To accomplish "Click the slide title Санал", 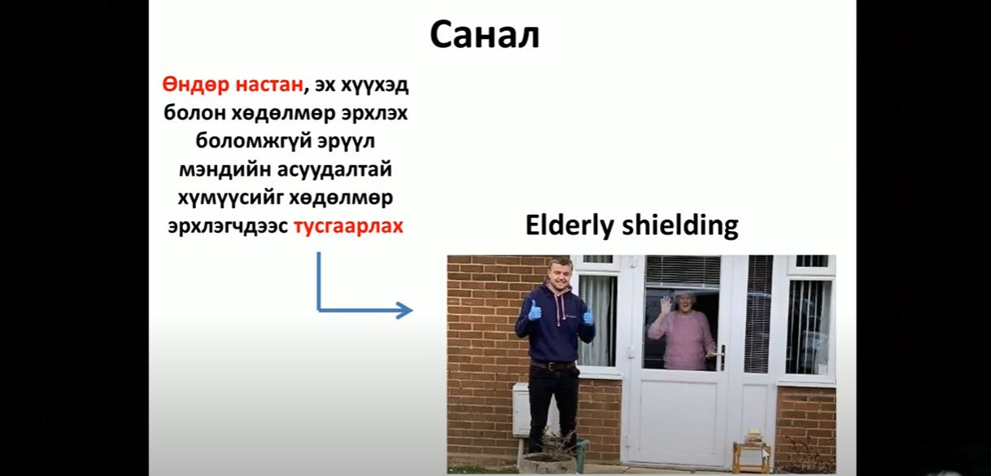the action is (484, 35).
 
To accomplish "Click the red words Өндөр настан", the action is (233, 84).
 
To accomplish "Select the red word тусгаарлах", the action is (348, 226).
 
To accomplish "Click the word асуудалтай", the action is (334, 169).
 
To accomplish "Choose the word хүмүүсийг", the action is (230, 198).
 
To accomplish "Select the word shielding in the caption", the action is (680, 225).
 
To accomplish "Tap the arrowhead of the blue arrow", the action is (404, 310).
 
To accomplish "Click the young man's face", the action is (560, 274).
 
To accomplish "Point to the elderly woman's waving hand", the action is (666, 304).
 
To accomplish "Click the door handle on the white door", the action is (720, 356).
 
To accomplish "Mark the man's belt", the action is (553, 365).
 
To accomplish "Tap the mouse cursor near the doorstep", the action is (766, 454).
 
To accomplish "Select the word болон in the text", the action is (194, 113).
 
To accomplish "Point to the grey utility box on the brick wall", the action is (521, 409).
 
